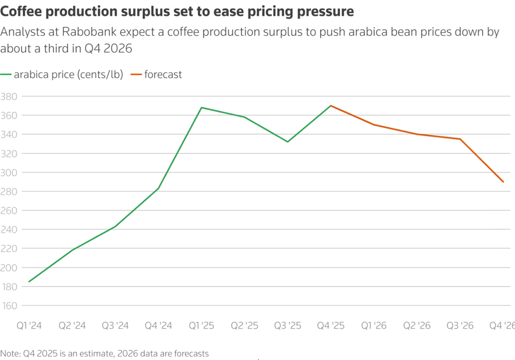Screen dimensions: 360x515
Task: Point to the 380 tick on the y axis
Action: [9, 97]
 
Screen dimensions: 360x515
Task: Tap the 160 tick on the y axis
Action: [9, 306]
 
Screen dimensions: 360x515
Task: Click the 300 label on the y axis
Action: [9, 173]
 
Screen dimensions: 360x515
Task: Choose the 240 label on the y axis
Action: [9, 230]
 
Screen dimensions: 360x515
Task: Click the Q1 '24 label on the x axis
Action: [29, 326]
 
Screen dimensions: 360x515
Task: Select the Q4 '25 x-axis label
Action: [331, 326]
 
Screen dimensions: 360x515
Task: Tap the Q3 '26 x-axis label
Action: [460, 326]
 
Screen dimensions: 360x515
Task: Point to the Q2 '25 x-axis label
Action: [245, 326]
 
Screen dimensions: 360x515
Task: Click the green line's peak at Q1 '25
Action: [201, 108]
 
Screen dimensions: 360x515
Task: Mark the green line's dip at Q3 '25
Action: [288, 142]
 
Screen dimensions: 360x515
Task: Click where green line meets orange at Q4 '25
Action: [331, 106]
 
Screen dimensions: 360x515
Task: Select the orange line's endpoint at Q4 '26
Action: [503, 182]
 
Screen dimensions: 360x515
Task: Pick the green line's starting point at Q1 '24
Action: [29, 282]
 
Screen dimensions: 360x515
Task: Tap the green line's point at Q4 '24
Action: [158, 188]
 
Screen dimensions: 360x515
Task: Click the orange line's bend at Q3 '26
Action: [460, 139]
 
